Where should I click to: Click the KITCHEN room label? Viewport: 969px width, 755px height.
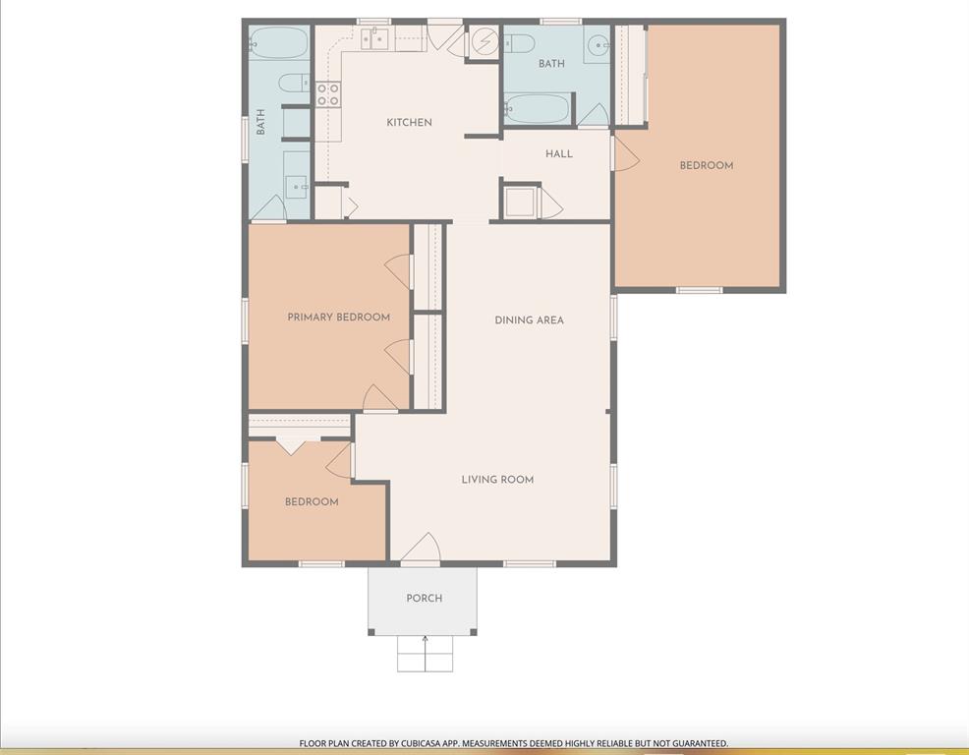409,122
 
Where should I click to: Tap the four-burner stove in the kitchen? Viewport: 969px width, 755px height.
327,94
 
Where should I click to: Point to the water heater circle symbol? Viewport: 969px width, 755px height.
484,41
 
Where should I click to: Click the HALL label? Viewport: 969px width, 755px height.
558,153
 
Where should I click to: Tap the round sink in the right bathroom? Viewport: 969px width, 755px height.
597,45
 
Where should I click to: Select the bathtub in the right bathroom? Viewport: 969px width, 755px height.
537,108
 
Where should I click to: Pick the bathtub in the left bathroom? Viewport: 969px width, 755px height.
277,43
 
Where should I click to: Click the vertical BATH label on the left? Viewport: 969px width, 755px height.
261,122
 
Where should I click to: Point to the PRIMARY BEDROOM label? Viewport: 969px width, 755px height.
338,317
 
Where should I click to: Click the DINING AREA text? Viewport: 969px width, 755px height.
529,319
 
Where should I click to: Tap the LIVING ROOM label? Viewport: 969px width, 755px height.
497,480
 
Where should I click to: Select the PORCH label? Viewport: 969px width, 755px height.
424,598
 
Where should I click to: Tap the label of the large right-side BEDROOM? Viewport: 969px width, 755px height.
706,165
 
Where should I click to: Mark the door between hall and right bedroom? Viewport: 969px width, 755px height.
623,154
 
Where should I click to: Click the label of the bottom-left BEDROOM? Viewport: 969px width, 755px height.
312,501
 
